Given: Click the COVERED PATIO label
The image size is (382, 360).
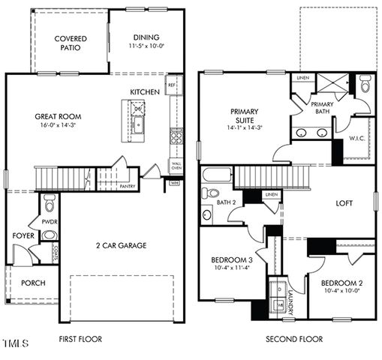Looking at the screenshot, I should coord(70,43).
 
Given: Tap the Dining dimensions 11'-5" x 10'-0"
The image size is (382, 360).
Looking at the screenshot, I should coord(146,46).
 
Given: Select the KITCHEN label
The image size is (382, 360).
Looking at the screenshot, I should coord(145,91).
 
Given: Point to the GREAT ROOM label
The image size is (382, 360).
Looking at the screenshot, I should coord(58,116).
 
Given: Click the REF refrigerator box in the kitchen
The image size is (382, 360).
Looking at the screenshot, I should coord(172,85).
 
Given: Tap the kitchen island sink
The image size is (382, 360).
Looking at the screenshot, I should coord(138,123).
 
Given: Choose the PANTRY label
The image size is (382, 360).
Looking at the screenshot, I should coord(127,186).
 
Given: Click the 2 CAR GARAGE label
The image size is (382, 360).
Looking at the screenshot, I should coord(121,245).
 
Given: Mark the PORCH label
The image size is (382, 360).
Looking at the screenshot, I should coord(33,283).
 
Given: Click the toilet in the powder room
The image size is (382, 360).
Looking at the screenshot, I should coord(50,203).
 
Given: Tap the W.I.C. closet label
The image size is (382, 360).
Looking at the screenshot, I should coord(357,139).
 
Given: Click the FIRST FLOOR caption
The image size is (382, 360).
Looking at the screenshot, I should coord(80,339).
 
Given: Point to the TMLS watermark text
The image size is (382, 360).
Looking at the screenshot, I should coord(15,344).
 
